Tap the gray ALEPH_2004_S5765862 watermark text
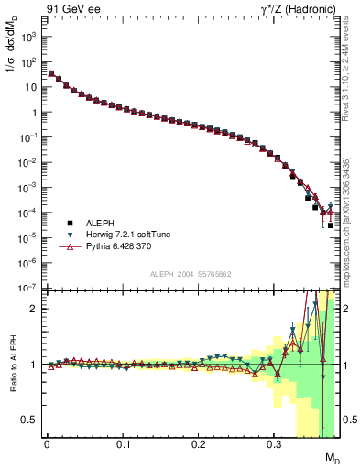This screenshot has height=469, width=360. (x=191, y=275)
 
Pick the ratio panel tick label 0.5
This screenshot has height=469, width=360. (x=29, y=420)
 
